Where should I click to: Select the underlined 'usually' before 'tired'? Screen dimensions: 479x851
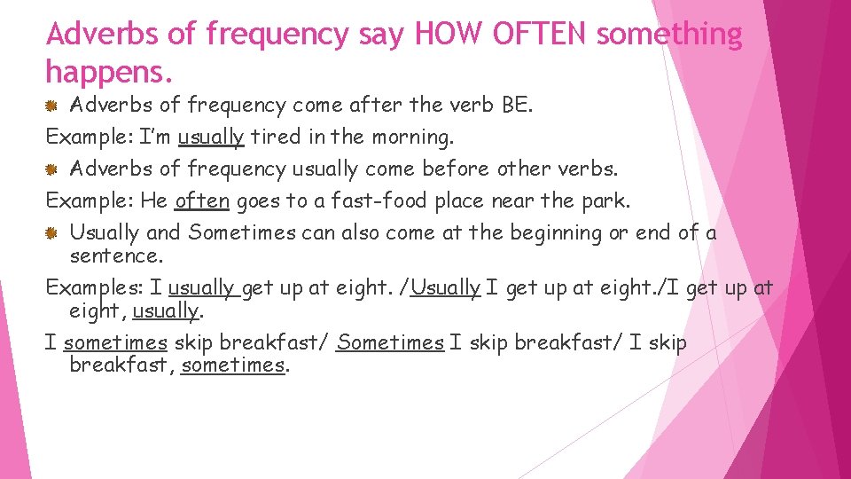click(211, 137)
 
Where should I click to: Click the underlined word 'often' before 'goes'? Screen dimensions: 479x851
click(202, 201)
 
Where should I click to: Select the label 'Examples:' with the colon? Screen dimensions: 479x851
click(94, 288)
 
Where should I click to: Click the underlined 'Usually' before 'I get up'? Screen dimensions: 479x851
click(446, 288)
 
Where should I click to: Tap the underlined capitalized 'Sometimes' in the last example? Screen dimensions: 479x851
click(390, 343)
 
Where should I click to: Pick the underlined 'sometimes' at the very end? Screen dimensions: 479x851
click(233, 365)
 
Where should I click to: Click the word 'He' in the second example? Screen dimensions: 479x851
click(154, 201)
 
